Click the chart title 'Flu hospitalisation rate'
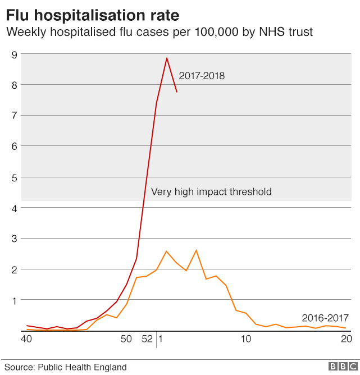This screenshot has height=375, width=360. click(93, 15)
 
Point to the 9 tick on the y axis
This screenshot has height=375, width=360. click(15, 55)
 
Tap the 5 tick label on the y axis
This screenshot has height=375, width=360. click(15, 178)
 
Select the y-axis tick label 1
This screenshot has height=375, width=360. click(15, 301)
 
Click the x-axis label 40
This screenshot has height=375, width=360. click(26, 339)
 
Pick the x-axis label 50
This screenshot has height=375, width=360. click(126, 339)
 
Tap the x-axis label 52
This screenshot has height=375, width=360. click(147, 339)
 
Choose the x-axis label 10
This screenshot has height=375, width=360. click(245, 339)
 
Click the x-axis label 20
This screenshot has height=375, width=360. click(347, 339)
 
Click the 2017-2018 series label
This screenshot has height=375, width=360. click(202, 76)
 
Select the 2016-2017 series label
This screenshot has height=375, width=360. click(325, 318)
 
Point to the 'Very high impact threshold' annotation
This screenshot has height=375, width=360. click(211, 192)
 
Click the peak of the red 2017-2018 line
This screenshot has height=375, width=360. click(167, 58)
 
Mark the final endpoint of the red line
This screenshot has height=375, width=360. click(177, 92)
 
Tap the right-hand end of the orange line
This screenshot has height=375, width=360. click(345, 328)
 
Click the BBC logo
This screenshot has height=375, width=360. click(343, 367)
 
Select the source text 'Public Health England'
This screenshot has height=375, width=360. click(83, 367)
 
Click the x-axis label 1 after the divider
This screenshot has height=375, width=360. click(161, 339)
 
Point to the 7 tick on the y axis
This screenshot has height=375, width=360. click(15, 116)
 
